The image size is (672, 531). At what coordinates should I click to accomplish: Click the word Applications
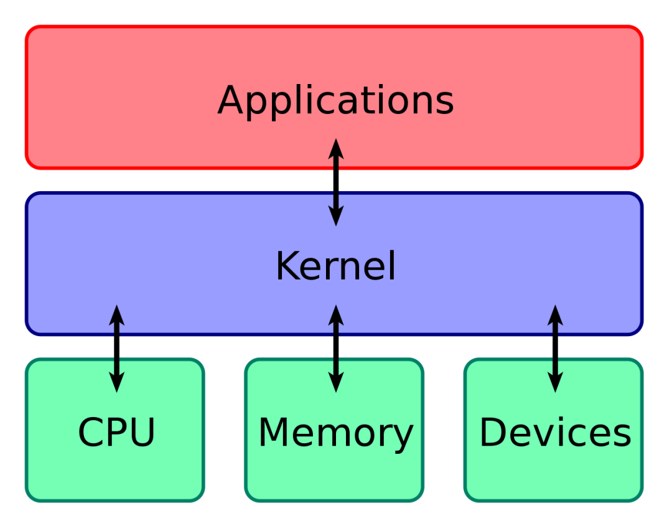point(335,101)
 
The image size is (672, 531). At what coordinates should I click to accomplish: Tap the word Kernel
point(335,266)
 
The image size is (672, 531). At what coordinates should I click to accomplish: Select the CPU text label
point(116,433)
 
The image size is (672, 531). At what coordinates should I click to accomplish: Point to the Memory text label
point(335,433)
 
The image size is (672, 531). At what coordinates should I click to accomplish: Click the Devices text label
point(555,433)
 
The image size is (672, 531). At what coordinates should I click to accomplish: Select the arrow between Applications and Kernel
point(336,182)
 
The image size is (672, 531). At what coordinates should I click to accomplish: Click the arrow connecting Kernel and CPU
point(116,349)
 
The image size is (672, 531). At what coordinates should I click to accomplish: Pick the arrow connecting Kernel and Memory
point(336,349)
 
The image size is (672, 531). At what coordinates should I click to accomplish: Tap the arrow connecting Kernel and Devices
point(555,349)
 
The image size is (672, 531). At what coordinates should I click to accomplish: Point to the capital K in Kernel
point(287,266)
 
